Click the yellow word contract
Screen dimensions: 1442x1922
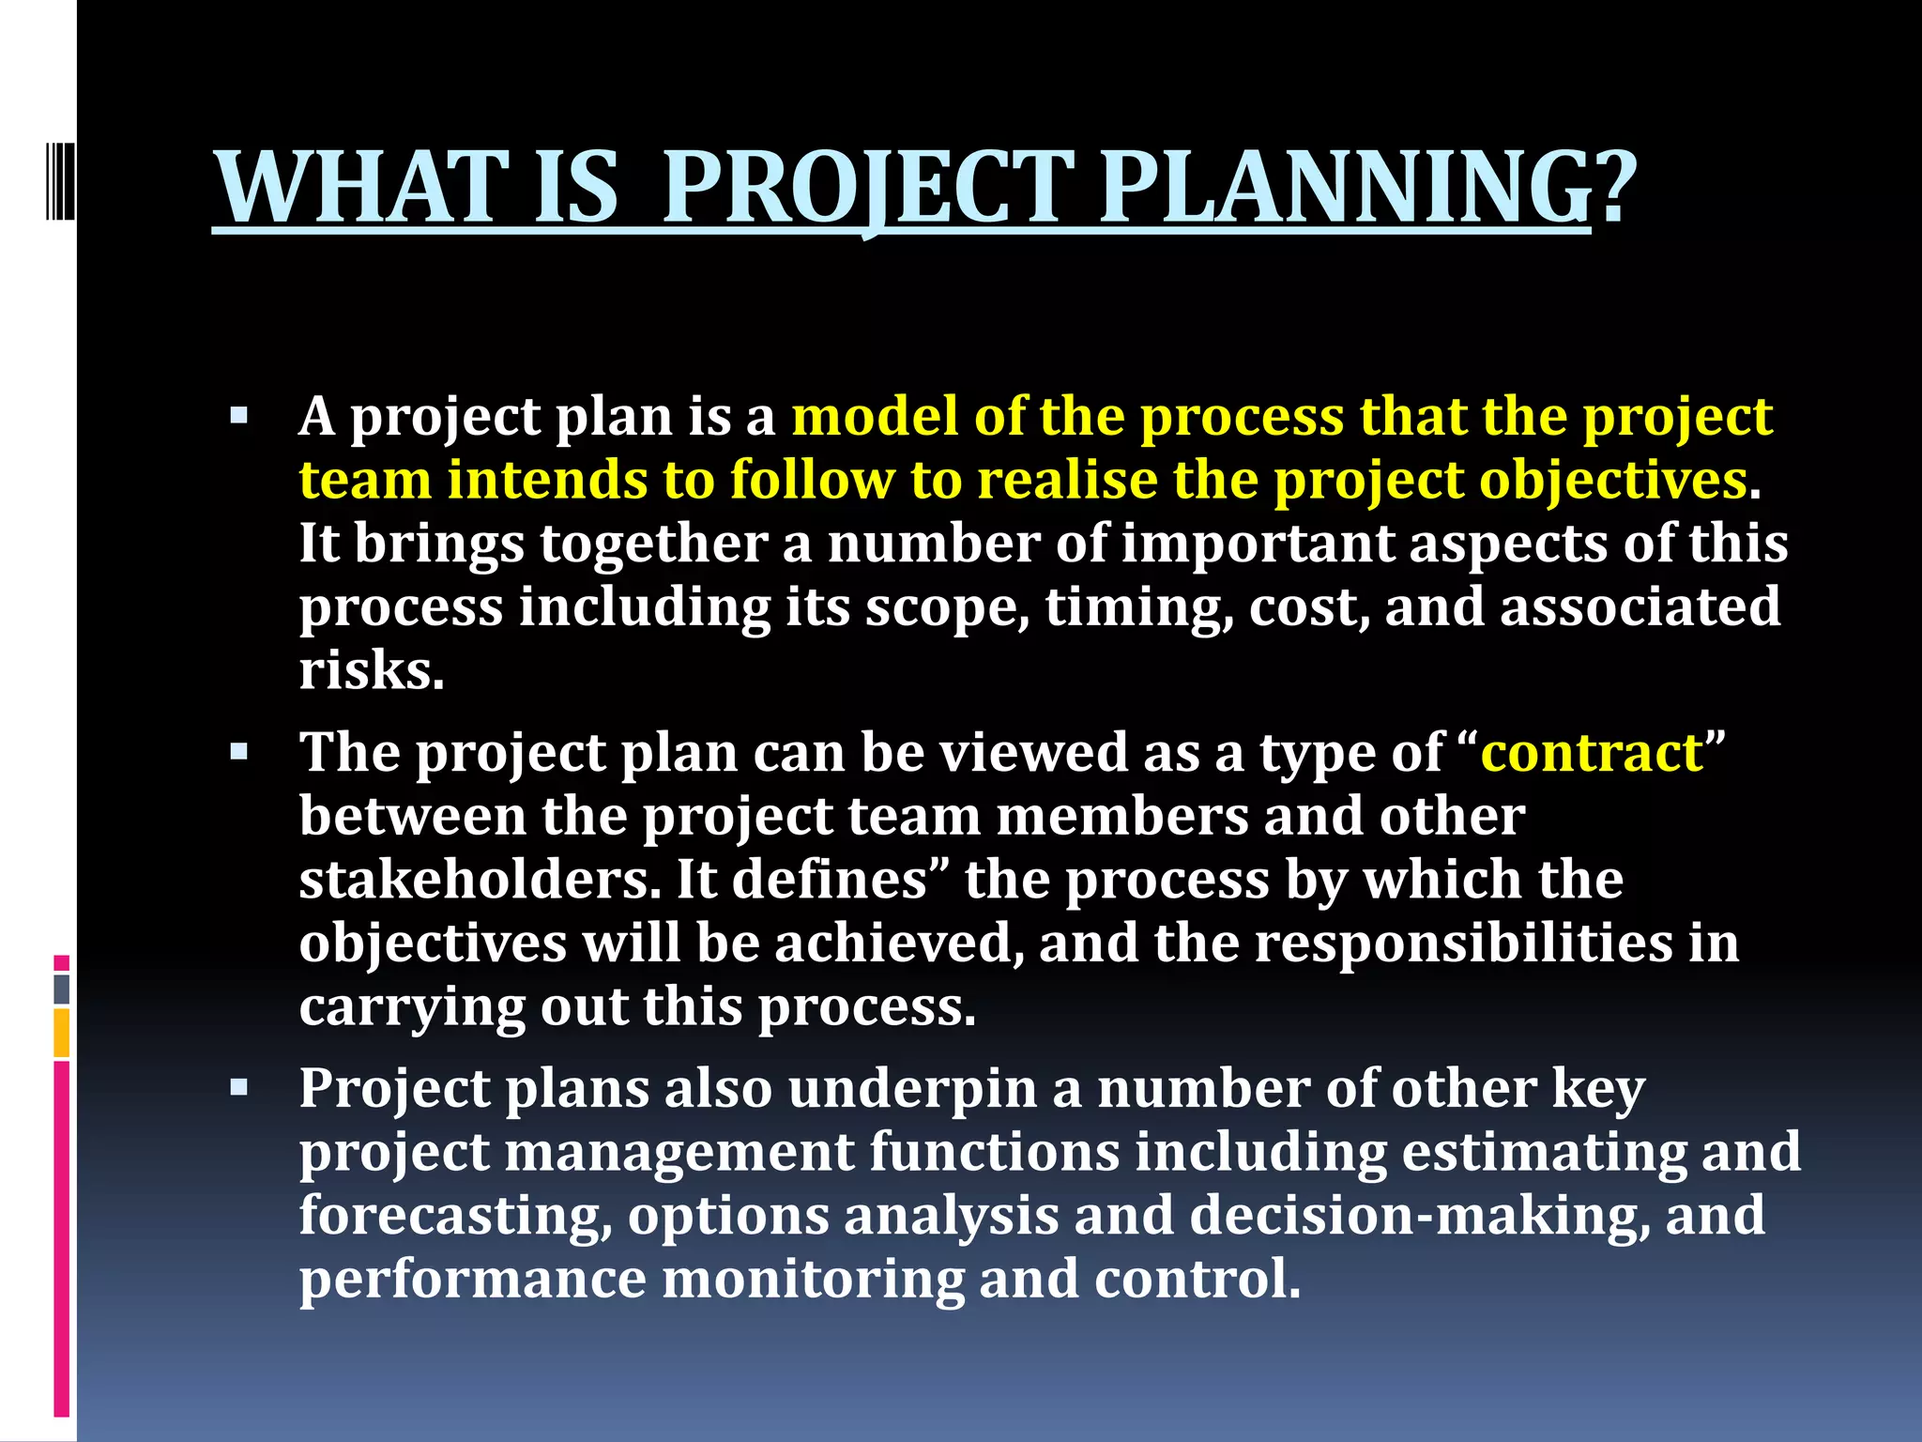1592,753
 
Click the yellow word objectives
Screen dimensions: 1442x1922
1612,481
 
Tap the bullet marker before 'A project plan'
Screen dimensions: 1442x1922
238,416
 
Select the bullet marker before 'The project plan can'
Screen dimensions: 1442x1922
238,752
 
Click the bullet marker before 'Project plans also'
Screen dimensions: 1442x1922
238,1088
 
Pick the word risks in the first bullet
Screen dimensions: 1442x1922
371,672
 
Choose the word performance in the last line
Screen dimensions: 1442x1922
473,1280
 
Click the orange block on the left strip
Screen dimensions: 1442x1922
61,1033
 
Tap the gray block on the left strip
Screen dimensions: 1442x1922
61,989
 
